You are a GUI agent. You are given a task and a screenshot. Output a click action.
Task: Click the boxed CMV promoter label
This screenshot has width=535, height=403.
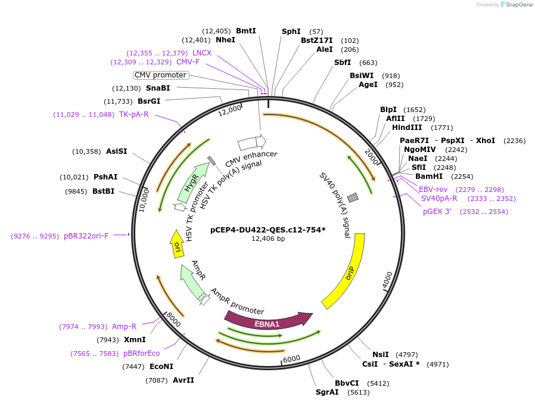click(x=160, y=75)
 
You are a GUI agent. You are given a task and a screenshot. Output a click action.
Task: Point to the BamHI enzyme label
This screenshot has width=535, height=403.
click(x=429, y=176)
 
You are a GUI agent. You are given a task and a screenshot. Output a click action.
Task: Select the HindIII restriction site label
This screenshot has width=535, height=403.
click(x=407, y=128)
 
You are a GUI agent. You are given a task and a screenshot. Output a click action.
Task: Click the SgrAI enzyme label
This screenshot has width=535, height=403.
click(x=327, y=392)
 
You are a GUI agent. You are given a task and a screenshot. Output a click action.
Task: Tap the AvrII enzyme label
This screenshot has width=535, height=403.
click(x=183, y=380)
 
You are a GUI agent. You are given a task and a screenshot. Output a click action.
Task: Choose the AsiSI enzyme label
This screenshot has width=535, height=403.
click(x=117, y=151)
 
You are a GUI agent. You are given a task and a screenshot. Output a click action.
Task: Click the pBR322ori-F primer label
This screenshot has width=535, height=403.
click(x=86, y=236)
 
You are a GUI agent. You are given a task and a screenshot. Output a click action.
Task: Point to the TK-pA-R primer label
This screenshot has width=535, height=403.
click(x=134, y=114)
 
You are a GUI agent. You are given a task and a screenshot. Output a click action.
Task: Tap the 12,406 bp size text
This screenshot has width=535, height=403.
click(x=268, y=238)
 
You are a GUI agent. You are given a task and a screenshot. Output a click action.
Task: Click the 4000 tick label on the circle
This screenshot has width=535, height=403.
click(x=387, y=280)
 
